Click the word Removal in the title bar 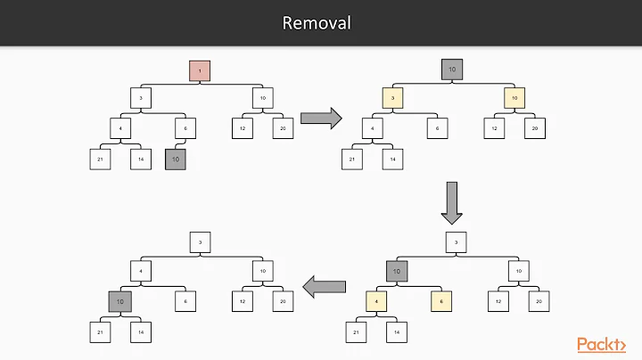point(317,22)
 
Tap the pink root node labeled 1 point(200,71)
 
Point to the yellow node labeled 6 point(442,301)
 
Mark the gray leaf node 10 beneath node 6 point(176,160)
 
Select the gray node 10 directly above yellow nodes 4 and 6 point(397,271)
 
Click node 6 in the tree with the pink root point(185,128)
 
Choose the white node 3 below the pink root point(142,98)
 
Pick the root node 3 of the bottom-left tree point(200,242)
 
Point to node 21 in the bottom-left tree point(98,331)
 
